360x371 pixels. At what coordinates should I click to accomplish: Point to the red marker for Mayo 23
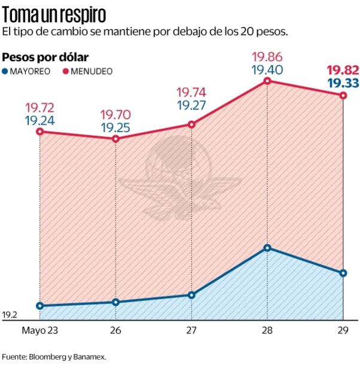40,131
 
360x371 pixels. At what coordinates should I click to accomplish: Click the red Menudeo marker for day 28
267,81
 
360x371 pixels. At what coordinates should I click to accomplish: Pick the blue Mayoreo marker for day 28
267,248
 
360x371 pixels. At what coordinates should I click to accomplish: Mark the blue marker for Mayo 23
40,306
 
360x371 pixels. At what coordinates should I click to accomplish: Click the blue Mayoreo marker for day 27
191,295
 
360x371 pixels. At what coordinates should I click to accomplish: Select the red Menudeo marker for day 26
116,139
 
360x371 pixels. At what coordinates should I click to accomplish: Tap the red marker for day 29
343,96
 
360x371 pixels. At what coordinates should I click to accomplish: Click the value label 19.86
267,57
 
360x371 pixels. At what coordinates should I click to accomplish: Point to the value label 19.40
267,70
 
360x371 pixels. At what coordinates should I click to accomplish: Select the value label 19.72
39,108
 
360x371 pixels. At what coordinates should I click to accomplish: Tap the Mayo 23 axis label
40,330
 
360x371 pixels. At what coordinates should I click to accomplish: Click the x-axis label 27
191,330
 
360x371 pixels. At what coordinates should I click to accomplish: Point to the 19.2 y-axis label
10,315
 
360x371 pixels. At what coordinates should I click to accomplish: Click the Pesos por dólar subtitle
45,57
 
